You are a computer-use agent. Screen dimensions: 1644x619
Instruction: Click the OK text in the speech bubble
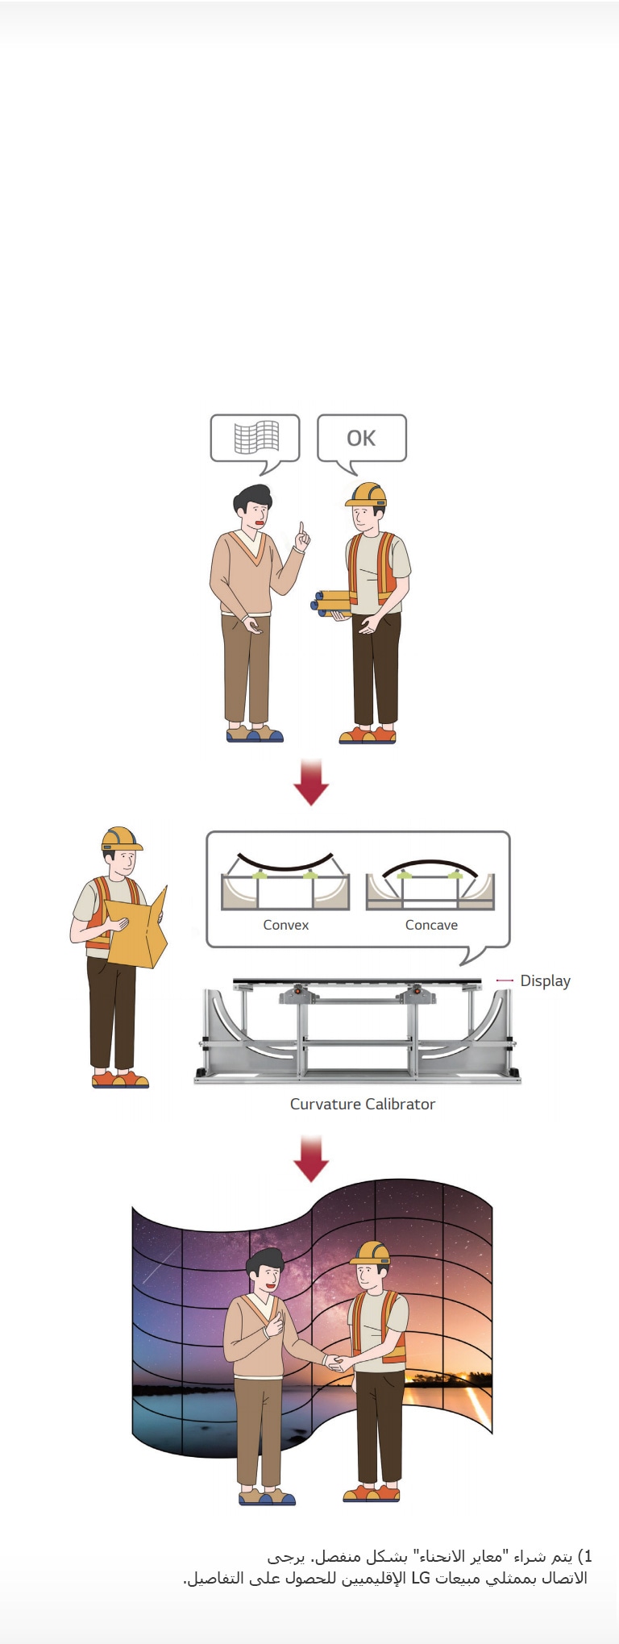click(x=361, y=438)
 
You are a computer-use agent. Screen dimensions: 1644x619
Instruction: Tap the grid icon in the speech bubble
click(x=256, y=438)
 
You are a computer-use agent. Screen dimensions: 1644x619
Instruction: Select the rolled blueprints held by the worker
click(x=331, y=602)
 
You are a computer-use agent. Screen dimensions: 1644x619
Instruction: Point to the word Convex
click(x=285, y=925)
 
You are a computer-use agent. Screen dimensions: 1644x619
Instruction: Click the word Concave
click(x=431, y=925)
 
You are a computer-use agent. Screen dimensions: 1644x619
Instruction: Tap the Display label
click(x=545, y=980)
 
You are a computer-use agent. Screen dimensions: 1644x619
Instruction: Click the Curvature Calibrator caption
click(x=363, y=1104)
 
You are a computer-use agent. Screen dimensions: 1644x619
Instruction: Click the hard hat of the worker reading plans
click(x=121, y=839)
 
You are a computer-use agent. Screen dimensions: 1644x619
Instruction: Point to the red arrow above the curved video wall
click(x=311, y=1159)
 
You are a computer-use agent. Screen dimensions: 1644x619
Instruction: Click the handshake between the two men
click(x=334, y=1363)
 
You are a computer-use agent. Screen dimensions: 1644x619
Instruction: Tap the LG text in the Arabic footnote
click(x=421, y=1578)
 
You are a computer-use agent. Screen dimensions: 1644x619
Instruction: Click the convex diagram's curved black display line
click(x=285, y=866)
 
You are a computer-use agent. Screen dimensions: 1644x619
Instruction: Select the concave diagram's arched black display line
click(x=430, y=864)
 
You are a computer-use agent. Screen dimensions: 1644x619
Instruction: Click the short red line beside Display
click(x=505, y=980)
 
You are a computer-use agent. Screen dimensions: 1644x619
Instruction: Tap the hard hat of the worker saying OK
click(x=367, y=493)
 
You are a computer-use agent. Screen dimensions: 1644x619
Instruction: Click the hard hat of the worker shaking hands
click(x=371, y=1252)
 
